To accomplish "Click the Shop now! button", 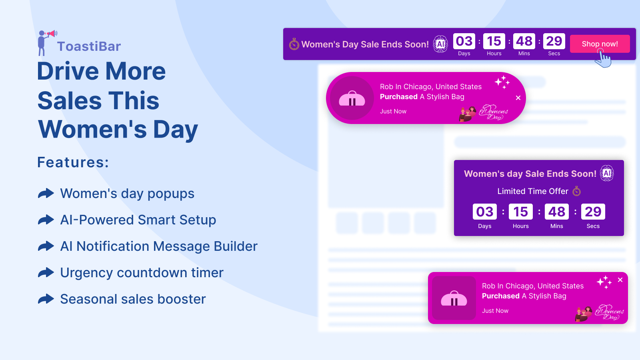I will tap(600, 44).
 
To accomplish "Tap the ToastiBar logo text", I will tap(89, 46).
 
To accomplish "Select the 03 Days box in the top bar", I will tap(464, 41).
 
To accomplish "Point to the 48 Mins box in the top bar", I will tap(524, 41).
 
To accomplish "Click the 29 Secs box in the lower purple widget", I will tap(593, 212).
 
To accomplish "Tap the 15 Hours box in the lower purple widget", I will tap(520, 212).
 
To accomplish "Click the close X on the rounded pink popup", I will tap(518, 98).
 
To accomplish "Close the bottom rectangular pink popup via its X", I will tap(620, 280).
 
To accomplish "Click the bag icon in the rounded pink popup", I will tap(352, 99).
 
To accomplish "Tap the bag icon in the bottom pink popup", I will tap(454, 299).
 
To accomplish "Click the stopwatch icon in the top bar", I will tap(294, 44).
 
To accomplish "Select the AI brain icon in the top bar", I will tap(440, 44).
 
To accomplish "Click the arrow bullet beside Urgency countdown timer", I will tap(46, 273).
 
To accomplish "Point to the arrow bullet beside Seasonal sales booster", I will tap(46, 299).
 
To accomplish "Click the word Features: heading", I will tap(73, 162).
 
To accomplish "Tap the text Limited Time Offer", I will tap(532, 191).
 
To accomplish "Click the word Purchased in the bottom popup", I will tap(500, 296).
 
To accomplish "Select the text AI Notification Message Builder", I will tap(159, 246).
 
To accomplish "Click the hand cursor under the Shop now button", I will tap(604, 60).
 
